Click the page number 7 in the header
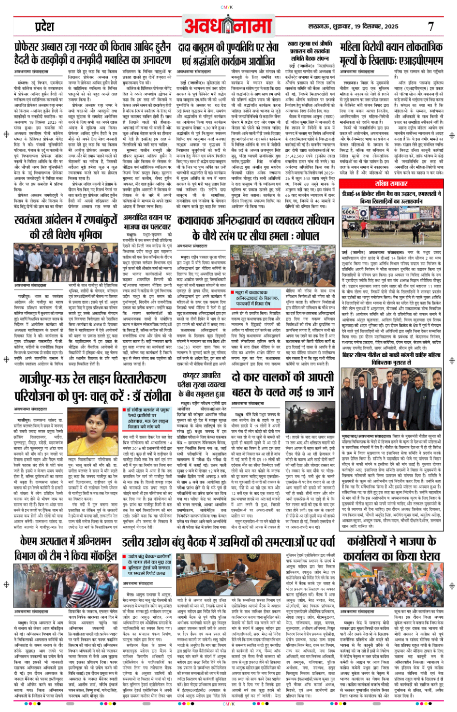430,27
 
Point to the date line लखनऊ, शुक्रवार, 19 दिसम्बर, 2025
353,27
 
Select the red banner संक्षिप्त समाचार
391,184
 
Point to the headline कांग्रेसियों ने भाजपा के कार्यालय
391,548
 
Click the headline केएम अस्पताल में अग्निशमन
66,548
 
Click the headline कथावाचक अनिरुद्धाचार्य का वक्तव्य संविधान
255,227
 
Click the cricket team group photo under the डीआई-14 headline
391,227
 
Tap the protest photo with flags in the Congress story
391,590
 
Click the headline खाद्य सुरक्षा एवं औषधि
310,51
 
